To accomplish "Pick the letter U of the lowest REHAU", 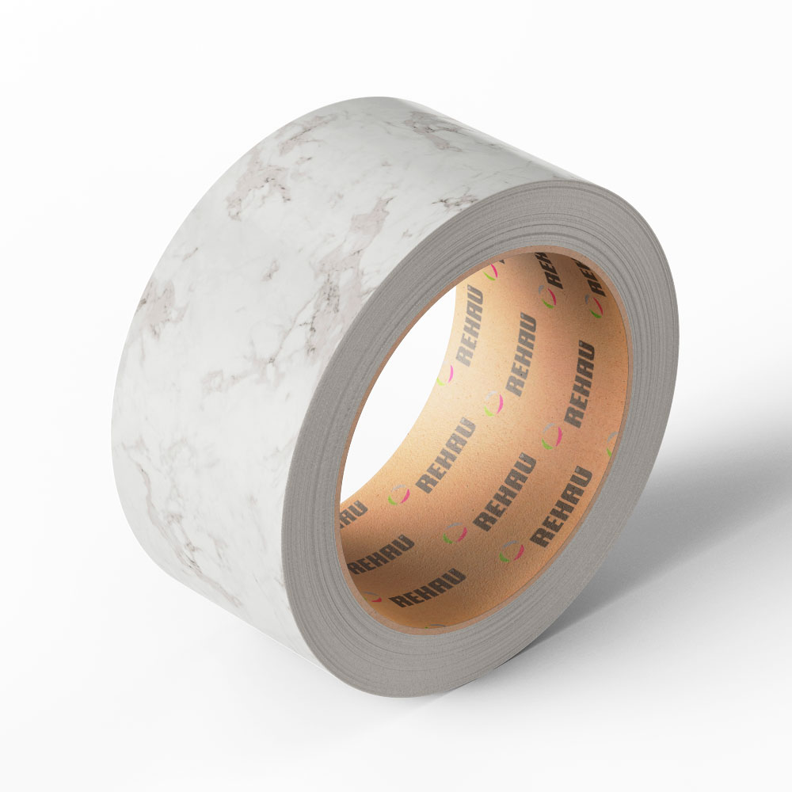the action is click(457, 576).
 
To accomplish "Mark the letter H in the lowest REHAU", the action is click(428, 589).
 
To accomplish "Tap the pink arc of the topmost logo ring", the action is click(495, 271).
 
